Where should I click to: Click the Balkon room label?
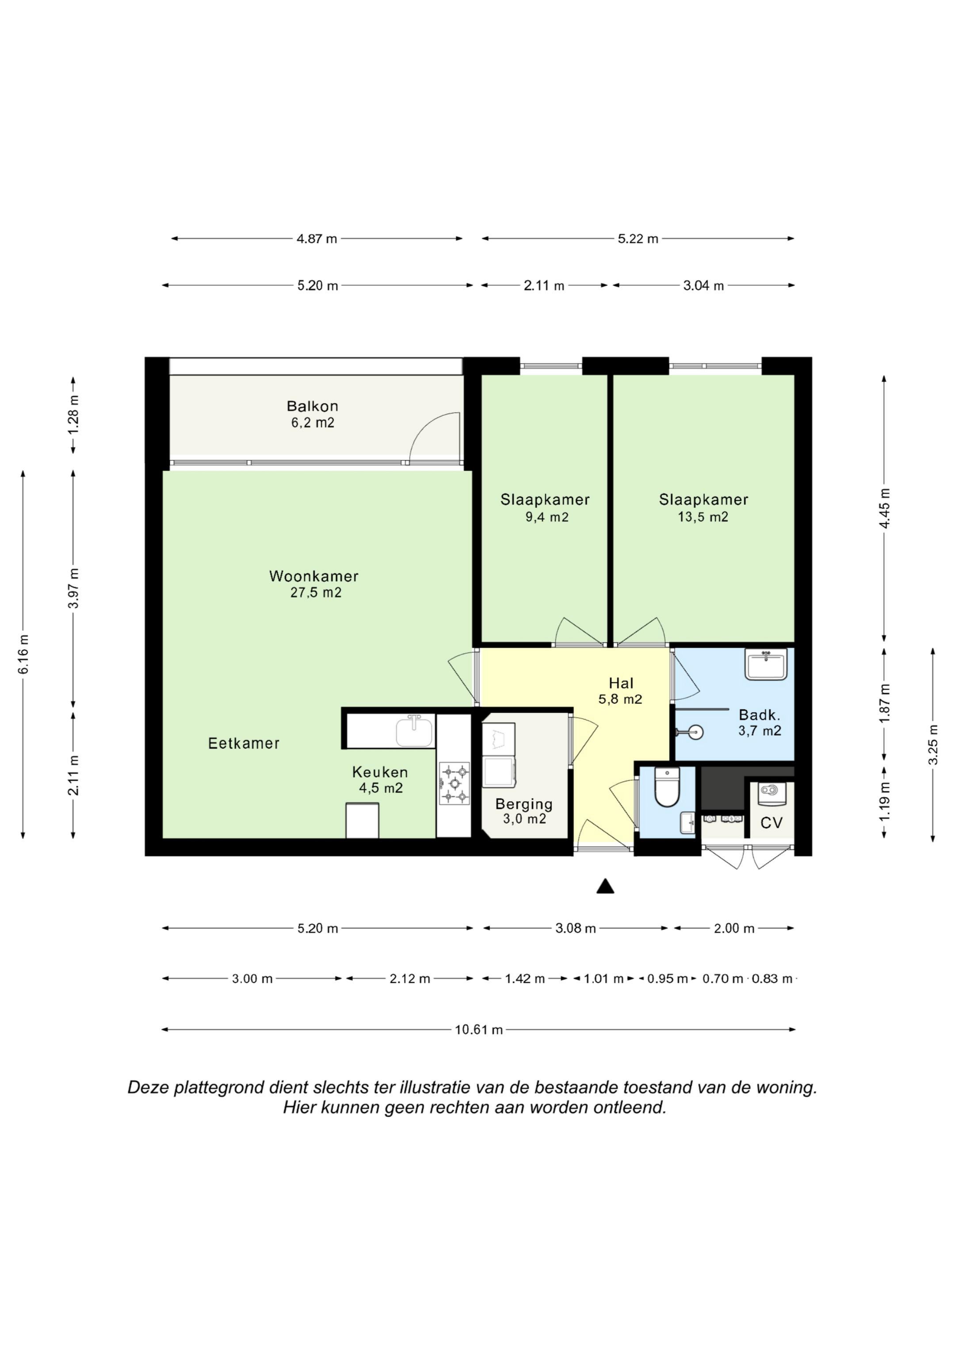(x=313, y=406)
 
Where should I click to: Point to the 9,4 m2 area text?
(x=547, y=517)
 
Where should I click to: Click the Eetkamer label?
(x=244, y=743)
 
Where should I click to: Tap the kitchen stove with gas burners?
(x=454, y=783)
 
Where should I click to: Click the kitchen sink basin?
(x=415, y=732)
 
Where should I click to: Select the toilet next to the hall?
(x=667, y=786)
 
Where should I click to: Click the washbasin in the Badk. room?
(x=766, y=664)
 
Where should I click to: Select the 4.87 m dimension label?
(x=317, y=239)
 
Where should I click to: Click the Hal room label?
(x=621, y=683)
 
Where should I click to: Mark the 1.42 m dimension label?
(x=525, y=979)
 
